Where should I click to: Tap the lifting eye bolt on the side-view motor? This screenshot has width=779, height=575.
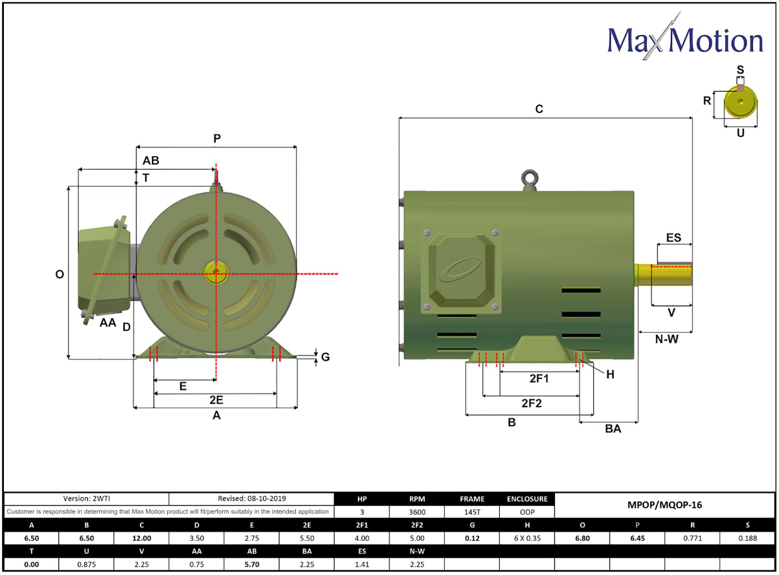point(530,180)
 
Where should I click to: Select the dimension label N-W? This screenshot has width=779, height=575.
point(666,339)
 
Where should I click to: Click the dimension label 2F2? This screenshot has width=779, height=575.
point(532,403)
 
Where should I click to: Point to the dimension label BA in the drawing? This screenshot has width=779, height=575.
point(613,429)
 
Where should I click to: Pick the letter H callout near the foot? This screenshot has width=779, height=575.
point(611,374)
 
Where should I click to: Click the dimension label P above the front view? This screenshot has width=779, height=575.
point(217,139)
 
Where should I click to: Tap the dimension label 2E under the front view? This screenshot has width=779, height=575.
point(216,400)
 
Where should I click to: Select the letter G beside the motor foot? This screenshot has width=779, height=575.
point(326,357)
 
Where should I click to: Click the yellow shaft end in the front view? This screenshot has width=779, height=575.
point(216,272)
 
